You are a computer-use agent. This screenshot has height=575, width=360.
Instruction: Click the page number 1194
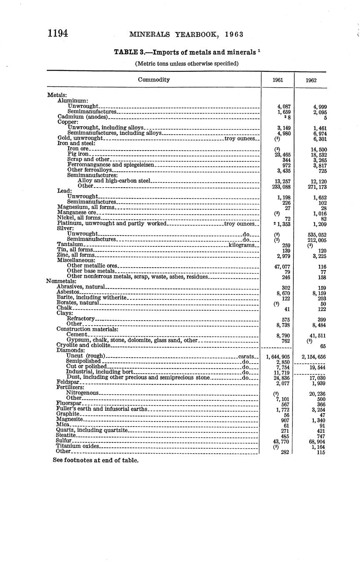[58, 33]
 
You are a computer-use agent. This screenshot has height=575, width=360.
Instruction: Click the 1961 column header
[278, 80]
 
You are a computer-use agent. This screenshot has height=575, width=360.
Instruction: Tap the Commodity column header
[154, 80]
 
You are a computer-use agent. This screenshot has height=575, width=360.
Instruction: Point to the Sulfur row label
[64, 440]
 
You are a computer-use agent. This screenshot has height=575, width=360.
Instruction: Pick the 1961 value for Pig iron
[282, 155]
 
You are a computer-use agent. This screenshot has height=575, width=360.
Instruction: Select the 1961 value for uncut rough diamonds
[277, 357]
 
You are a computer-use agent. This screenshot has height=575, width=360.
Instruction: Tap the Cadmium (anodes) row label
[82, 117]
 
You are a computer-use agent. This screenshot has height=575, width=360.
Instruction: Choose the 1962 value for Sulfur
[317, 441]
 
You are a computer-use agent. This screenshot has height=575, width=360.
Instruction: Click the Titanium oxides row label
[78, 446]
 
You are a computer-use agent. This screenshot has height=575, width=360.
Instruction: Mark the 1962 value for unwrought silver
[316, 235]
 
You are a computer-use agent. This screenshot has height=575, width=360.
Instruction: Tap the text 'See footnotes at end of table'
[95, 460]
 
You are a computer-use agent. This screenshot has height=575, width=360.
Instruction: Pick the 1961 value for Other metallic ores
[282, 266]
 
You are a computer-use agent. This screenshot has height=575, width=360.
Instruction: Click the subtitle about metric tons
[187, 64]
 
